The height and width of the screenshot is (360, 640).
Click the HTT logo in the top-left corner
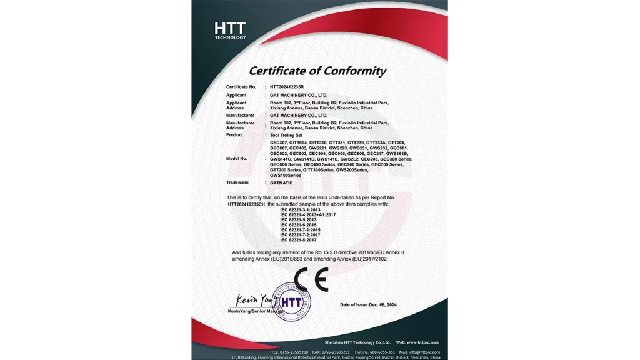(x=230, y=30)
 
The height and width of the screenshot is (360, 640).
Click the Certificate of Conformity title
(x=317, y=71)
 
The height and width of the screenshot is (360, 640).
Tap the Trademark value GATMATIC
(x=281, y=182)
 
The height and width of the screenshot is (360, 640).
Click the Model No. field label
(x=237, y=159)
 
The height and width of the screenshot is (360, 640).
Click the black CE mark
(x=311, y=279)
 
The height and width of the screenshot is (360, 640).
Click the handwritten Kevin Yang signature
(x=254, y=299)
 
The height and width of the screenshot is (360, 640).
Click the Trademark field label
(x=237, y=182)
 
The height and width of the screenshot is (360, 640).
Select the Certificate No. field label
(x=241, y=86)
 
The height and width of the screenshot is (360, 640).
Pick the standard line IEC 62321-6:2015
(x=298, y=225)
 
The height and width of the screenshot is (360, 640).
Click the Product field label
(x=234, y=134)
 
